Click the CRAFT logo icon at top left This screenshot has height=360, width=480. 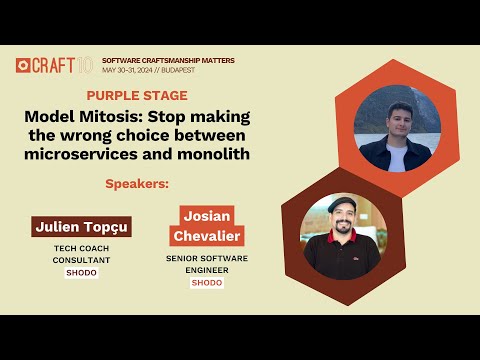click(22, 65)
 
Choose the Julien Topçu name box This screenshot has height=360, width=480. click(82, 226)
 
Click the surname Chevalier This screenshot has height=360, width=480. click(211, 235)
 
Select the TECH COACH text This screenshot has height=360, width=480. click(82, 248)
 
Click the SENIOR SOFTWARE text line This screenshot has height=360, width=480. click(206, 258)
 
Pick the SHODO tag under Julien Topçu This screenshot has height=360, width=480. click(82, 272)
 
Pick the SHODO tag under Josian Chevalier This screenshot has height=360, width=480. click(206, 283)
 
